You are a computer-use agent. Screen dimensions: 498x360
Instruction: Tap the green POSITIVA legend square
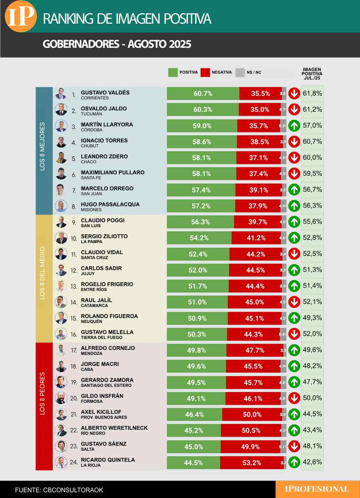click(173, 72)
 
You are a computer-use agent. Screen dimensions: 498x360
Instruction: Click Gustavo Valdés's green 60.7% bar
click(203, 94)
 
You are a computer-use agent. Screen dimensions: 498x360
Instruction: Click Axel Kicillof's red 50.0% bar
click(252, 415)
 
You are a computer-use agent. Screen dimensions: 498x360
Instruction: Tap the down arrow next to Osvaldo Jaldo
click(293, 110)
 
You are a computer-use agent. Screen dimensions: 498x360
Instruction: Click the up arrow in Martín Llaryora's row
click(293, 126)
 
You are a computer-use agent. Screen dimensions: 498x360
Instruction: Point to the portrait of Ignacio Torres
click(61, 142)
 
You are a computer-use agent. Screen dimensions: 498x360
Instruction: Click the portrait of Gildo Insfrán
click(61, 398)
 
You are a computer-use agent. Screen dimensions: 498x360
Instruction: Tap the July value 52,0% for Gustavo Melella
click(313, 334)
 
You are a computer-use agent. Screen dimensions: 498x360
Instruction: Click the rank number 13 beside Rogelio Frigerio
click(74, 287)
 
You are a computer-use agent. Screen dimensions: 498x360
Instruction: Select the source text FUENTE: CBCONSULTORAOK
click(59, 489)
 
